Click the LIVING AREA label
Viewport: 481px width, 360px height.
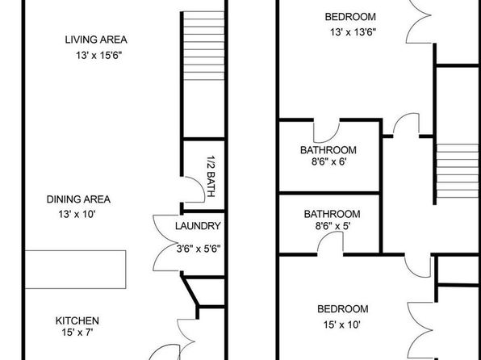point(96,40)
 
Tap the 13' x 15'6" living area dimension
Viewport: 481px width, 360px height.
point(99,55)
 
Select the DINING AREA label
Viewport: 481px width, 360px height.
point(78,199)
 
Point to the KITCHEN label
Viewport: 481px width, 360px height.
point(77,320)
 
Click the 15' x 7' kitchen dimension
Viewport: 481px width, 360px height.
point(77,332)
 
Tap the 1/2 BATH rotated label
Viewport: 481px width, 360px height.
point(211,176)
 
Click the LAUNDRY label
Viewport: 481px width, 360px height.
point(198,226)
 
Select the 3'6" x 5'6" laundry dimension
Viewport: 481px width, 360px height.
point(199,249)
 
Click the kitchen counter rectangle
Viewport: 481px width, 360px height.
point(75,270)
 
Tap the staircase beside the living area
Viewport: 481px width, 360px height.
point(203,46)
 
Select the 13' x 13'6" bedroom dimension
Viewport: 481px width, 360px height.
point(353,32)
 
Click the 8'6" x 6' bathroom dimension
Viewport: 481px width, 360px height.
point(329,161)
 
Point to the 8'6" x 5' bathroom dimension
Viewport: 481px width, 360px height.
point(333,226)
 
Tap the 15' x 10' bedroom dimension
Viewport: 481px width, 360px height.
point(341,324)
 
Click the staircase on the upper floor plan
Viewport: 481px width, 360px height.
point(458,171)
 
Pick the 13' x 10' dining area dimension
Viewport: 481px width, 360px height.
point(77,214)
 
